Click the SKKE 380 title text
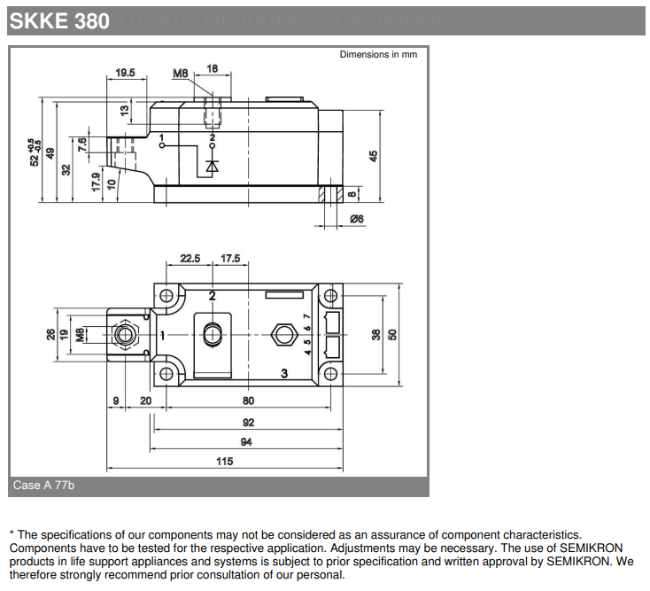60,19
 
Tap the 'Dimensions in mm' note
378,55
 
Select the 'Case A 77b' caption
43,486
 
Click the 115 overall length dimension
225,461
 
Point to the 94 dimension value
246,441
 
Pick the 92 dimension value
248,423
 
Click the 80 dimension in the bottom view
249,400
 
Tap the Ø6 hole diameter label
358,218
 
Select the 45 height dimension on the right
373,155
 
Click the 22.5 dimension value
190,258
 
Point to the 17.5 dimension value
230,258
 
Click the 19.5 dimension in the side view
125,74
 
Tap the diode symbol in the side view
212,166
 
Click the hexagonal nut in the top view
284,334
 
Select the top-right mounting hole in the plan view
331,295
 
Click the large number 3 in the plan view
284,373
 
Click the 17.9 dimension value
96,182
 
